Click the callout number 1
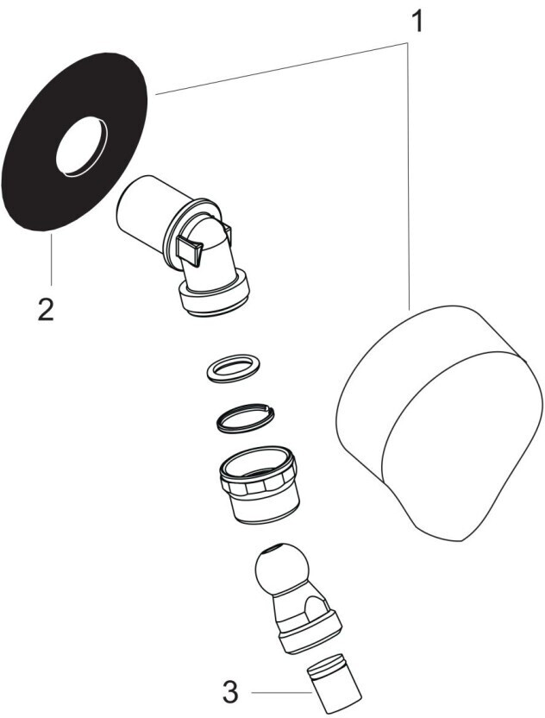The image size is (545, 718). click(417, 22)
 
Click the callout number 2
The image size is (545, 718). click(46, 309)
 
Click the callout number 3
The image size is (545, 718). click(231, 692)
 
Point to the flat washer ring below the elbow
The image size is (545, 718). click(234, 367)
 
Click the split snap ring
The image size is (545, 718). click(245, 418)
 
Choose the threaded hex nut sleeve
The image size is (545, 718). click(259, 485)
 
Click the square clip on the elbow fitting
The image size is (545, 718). click(189, 249)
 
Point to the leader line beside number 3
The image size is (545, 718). click(281, 692)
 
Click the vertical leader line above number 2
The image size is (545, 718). click(51, 259)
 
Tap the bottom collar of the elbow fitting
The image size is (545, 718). click(215, 293)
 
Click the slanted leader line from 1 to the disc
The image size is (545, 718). click(281, 68)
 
